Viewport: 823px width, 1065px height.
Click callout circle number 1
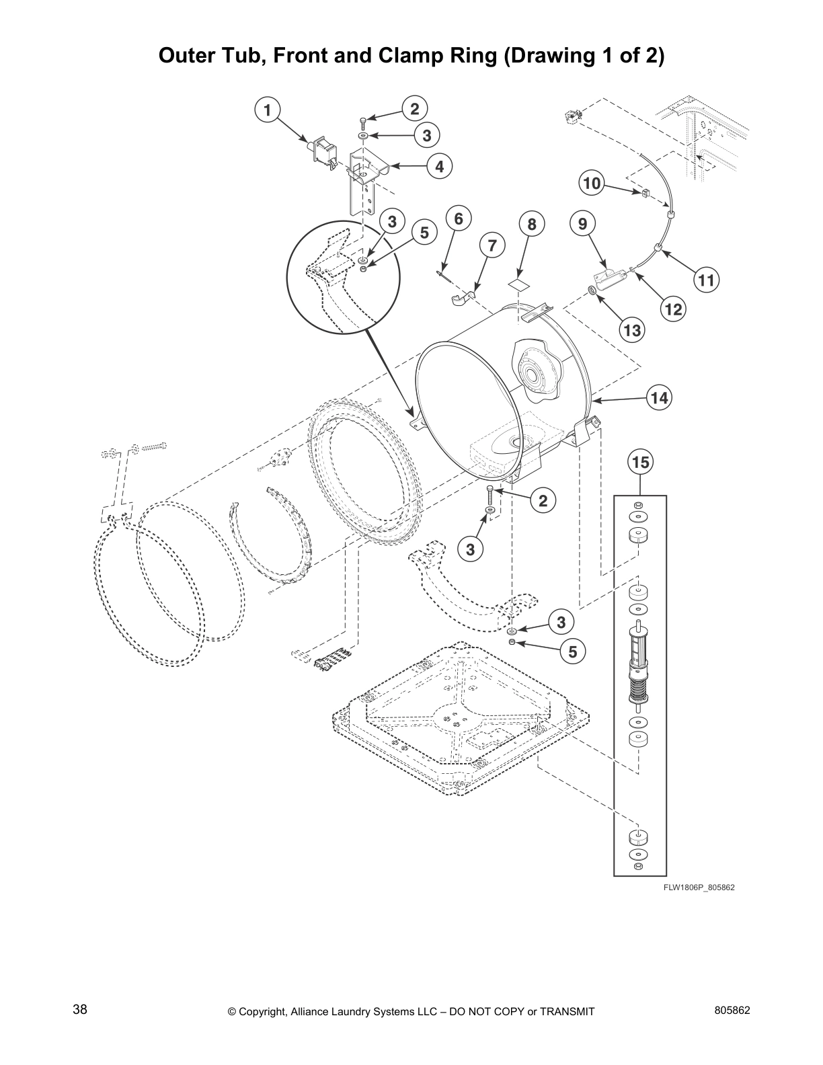click(268, 110)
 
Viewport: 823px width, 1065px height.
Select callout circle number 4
click(439, 165)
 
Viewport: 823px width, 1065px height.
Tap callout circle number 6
click(459, 219)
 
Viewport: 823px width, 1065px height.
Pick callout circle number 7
click(492, 245)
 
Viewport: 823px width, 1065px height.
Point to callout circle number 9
click(582, 224)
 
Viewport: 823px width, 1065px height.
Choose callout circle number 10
click(592, 182)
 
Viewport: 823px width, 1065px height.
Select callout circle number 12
click(673, 309)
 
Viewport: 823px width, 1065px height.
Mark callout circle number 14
click(659, 398)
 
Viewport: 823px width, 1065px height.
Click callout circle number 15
click(640, 462)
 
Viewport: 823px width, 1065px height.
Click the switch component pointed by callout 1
click(323, 151)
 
